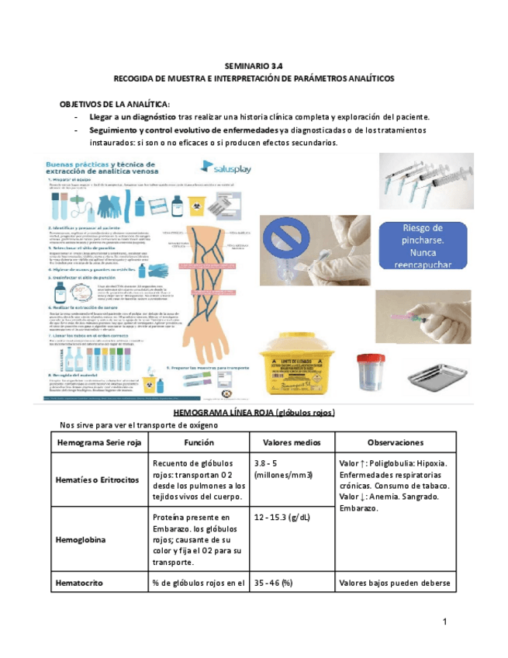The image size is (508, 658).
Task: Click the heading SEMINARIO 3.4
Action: tap(254, 68)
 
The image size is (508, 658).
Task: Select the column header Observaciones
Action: tap(394, 442)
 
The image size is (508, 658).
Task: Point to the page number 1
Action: tap(445, 622)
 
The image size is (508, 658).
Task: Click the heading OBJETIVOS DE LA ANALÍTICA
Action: tap(114, 104)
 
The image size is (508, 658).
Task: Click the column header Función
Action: tap(193, 442)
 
